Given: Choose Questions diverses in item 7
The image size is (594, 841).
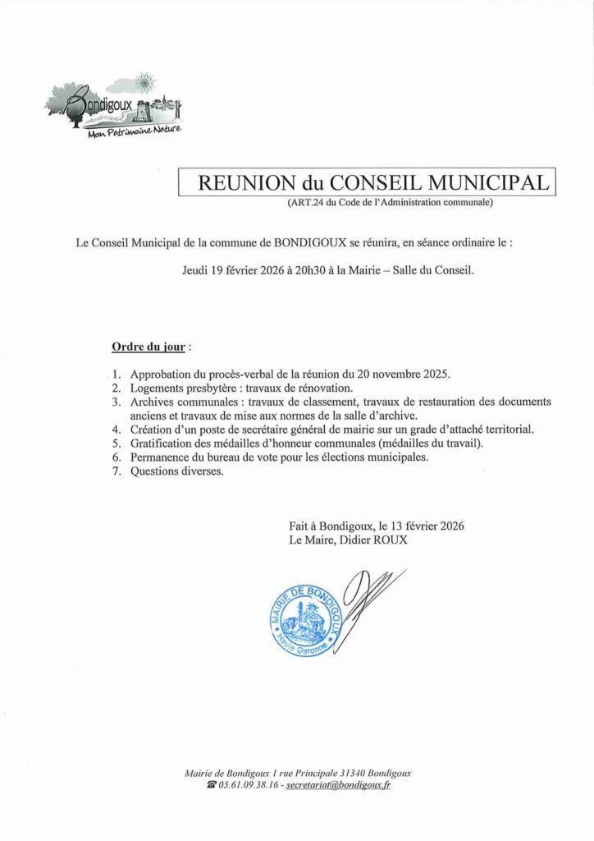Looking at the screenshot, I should point(176,471).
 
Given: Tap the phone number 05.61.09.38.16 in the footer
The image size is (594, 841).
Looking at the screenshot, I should point(249,785).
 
